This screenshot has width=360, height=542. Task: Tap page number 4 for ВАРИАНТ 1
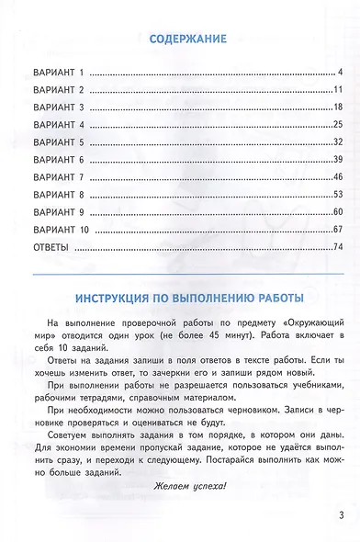pyautogui.click(x=339, y=72)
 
